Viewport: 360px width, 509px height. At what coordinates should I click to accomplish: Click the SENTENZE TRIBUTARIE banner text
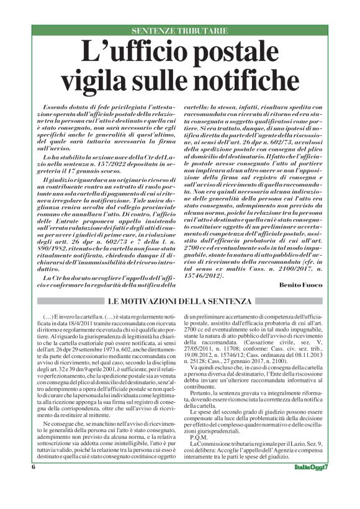pyautogui.click(x=179, y=30)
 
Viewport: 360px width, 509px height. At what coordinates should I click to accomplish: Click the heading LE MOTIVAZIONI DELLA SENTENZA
pyautogui.click(x=179, y=302)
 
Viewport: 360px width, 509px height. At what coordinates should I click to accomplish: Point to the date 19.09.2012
pyautogui.click(x=202, y=357)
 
